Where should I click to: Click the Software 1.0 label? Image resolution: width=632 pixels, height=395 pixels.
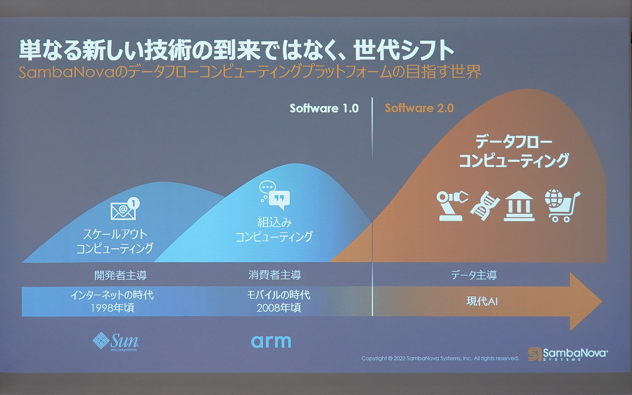click(x=324, y=108)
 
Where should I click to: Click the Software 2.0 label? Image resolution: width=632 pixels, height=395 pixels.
click(x=419, y=108)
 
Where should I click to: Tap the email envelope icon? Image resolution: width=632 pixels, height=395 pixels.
click(x=124, y=210)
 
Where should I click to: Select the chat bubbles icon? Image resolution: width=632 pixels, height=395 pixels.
click(x=275, y=196)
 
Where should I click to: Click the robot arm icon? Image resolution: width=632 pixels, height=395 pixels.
click(x=452, y=205)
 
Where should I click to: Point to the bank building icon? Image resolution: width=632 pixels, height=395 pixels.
click(x=519, y=206)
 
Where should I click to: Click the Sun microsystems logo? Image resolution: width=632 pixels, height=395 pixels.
click(x=116, y=342)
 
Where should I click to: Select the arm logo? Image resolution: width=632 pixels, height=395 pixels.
click(x=271, y=341)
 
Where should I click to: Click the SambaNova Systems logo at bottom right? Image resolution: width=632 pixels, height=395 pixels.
click(x=568, y=354)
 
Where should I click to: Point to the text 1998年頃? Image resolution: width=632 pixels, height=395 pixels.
click(x=112, y=308)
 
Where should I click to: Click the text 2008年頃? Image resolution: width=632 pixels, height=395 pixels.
click(x=278, y=308)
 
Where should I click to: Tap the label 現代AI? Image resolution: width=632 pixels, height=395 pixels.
click(x=482, y=301)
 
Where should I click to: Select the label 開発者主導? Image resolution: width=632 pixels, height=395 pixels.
click(x=120, y=275)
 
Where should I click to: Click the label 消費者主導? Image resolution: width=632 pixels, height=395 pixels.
click(x=275, y=275)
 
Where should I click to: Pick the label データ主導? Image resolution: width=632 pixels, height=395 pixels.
click(x=473, y=275)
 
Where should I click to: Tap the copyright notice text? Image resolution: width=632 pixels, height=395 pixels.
click(x=440, y=358)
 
